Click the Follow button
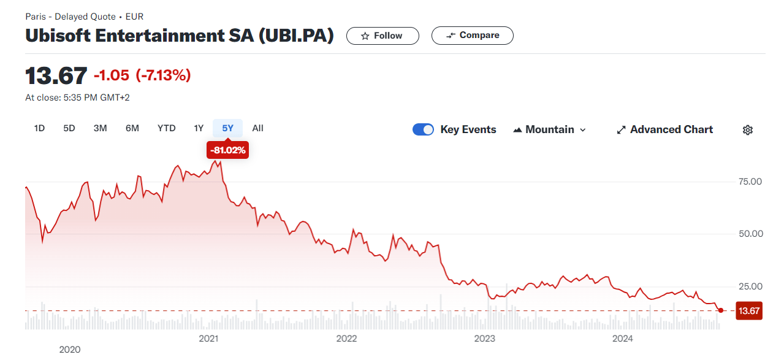(x=382, y=36)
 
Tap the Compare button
(x=472, y=36)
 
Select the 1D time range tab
(x=39, y=129)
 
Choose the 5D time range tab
(x=69, y=129)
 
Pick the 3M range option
(x=100, y=129)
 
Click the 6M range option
(x=132, y=129)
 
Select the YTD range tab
(x=166, y=129)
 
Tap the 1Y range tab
(x=199, y=129)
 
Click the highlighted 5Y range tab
(x=227, y=129)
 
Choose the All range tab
(x=257, y=129)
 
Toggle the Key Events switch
(x=423, y=129)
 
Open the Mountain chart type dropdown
(x=549, y=129)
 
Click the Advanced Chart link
(x=665, y=129)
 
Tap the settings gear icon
(x=748, y=130)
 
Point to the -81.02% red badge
(x=227, y=150)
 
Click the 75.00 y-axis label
(x=750, y=182)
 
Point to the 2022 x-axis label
(x=346, y=339)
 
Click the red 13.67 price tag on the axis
(x=749, y=311)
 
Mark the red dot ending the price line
(x=721, y=310)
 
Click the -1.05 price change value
(x=112, y=75)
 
